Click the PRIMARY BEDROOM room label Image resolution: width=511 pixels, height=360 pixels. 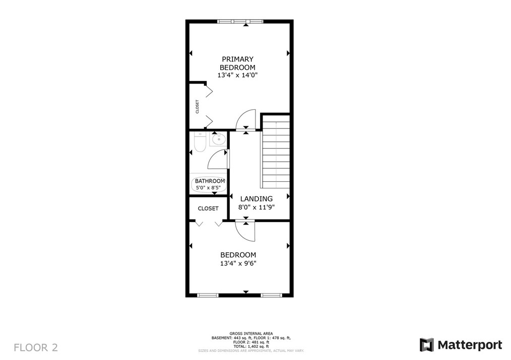[x=237, y=63]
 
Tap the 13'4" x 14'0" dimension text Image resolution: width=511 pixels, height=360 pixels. [x=237, y=75]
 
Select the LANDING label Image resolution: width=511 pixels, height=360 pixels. [x=257, y=198]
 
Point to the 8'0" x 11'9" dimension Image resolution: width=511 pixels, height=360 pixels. [x=257, y=207]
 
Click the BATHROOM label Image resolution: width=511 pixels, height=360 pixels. [x=210, y=181]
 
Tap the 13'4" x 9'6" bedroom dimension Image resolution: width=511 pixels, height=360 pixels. [x=238, y=263]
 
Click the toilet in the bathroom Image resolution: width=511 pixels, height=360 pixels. [x=200, y=142]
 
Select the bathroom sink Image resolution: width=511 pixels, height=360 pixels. [x=218, y=139]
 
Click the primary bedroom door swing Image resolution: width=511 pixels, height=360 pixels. [x=246, y=119]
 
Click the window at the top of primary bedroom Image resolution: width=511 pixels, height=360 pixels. [x=240, y=22]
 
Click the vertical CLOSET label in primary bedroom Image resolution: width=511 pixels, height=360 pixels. [x=197, y=106]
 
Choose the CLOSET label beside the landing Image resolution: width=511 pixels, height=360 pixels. [x=208, y=208]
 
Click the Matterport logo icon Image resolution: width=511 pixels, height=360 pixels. [x=427, y=345]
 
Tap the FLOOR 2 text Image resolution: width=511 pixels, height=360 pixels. [x=36, y=347]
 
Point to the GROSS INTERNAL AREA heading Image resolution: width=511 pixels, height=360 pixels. [x=251, y=334]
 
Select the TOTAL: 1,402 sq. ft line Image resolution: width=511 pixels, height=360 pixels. [x=251, y=346]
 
